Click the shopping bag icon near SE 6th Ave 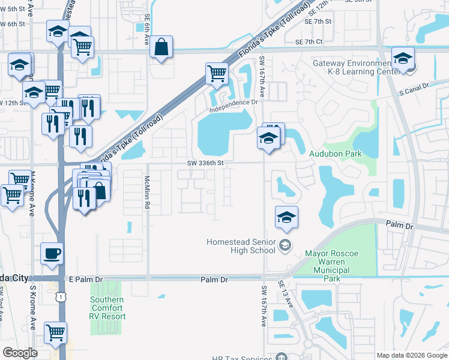[161, 47]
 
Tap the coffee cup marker [52, 253]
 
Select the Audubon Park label [335, 154]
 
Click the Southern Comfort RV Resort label [107, 308]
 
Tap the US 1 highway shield [60, 297]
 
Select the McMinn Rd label [147, 192]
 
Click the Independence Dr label [234, 106]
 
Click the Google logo [20, 353]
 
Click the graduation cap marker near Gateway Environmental [403, 58]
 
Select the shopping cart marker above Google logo [55, 332]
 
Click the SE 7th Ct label [309, 41]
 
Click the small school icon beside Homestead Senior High [285, 243]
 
